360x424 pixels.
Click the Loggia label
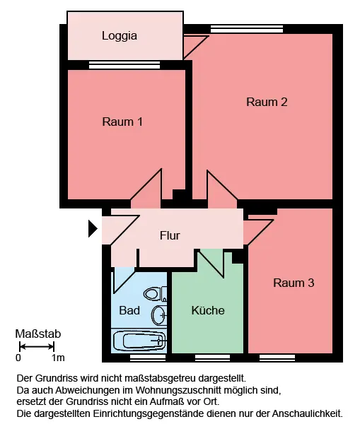(x=120, y=36)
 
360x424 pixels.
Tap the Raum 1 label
(x=122, y=122)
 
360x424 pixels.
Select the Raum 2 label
(x=267, y=102)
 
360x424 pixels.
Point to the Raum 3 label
(x=294, y=283)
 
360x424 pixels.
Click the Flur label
(x=170, y=235)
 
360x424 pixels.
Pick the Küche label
(x=208, y=310)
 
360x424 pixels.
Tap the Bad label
(x=129, y=310)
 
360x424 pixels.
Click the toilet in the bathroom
(x=155, y=294)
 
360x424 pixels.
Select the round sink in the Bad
(x=159, y=315)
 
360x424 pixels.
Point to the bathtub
(x=139, y=341)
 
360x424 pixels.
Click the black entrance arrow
(x=93, y=228)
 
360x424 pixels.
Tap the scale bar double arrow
(x=37, y=347)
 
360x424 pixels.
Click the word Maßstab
(x=38, y=334)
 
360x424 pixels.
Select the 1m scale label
(x=58, y=358)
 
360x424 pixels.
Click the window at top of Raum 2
(x=247, y=29)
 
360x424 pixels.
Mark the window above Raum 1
(x=124, y=65)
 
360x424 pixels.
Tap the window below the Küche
(x=212, y=358)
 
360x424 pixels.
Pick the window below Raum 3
(x=277, y=358)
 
